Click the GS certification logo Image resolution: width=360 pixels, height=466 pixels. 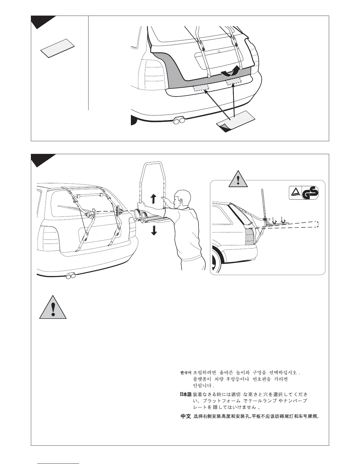pyautogui.click(x=304, y=193)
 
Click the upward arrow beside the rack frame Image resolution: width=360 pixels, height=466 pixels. pyautogui.click(x=153, y=199)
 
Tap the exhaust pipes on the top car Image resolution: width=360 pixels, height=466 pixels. pyautogui.click(x=179, y=121)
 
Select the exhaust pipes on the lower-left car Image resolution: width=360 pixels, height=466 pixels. pyautogui.click(x=71, y=276)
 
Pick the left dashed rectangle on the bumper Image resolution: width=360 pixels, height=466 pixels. pyautogui.click(x=201, y=87)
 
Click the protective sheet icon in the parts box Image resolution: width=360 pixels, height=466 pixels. pyautogui.click(x=57, y=48)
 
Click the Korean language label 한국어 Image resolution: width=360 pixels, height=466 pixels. pyautogui.click(x=186, y=373)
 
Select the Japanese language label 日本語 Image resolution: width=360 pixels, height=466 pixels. pyautogui.click(x=186, y=394)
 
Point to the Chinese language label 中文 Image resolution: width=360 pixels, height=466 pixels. pyautogui.click(x=186, y=417)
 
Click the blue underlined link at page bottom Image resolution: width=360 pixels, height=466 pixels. pyautogui.click(x=59, y=463)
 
